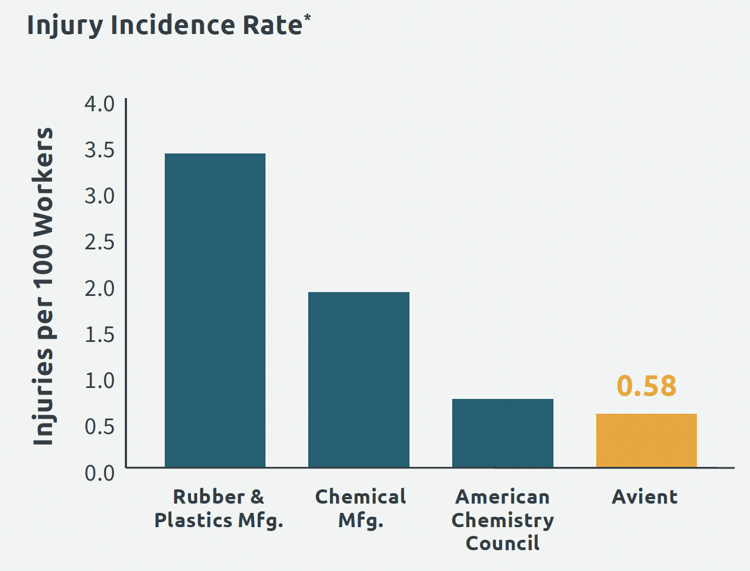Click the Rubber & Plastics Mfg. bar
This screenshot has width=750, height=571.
pyautogui.click(x=215, y=310)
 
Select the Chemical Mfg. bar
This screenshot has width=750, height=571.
pyautogui.click(x=359, y=379)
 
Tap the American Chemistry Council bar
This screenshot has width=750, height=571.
pyautogui.click(x=503, y=433)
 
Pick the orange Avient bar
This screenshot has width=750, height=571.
pyautogui.click(x=646, y=441)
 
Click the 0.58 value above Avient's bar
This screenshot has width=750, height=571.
pyautogui.click(x=647, y=386)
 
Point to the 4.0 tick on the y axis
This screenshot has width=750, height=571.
pyautogui.click(x=100, y=104)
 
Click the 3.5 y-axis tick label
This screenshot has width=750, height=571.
pyautogui.click(x=100, y=150)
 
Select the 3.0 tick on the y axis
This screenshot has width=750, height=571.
pyautogui.click(x=100, y=196)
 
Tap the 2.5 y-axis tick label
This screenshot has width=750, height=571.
pyautogui.click(x=100, y=242)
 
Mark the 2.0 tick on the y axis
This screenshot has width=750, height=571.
pyautogui.click(x=100, y=288)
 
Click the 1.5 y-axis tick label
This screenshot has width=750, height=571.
pyautogui.click(x=100, y=334)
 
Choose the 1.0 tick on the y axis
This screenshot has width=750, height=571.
pyautogui.click(x=100, y=380)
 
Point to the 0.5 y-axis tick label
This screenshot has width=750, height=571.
pyautogui.click(x=100, y=426)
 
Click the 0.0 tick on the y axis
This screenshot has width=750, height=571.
pyautogui.click(x=100, y=472)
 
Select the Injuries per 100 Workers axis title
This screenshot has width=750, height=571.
pyautogui.click(x=43, y=286)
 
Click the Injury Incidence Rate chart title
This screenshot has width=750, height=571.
pyautogui.click(x=164, y=25)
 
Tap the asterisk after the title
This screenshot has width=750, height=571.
pyautogui.click(x=307, y=18)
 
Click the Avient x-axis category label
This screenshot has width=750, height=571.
pyautogui.click(x=645, y=497)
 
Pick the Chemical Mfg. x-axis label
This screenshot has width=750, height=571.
pyautogui.click(x=361, y=508)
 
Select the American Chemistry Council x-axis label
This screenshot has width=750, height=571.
pyautogui.click(x=503, y=519)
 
